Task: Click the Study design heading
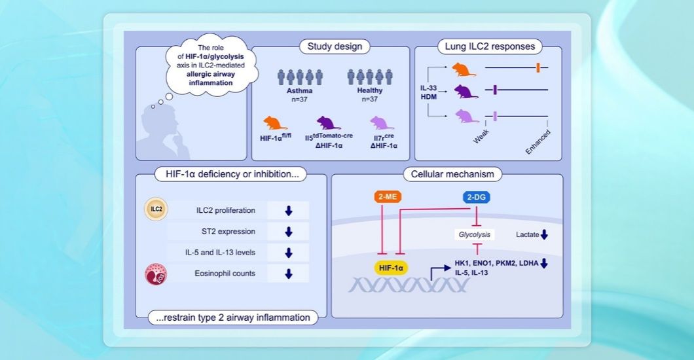coord(331,46)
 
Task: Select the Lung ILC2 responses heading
coord(488,46)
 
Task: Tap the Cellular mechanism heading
coord(448,174)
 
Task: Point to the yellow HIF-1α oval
coord(391,267)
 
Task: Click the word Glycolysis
coord(473,234)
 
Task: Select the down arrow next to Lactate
coord(544,234)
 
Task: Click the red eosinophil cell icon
coord(155,274)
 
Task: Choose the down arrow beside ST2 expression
coord(289,232)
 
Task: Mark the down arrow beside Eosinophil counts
coord(289,274)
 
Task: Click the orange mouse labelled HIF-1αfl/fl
coord(275,123)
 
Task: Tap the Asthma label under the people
coord(301,92)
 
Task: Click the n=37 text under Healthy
coord(365,100)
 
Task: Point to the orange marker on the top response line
coord(538,67)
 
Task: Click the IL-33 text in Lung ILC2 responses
coord(428,86)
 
